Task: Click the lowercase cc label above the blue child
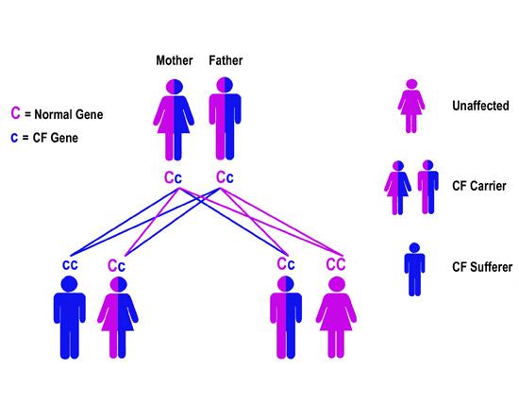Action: click(x=70, y=264)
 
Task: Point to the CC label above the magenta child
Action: click(x=336, y=264)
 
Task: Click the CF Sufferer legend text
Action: click(x=481, y=269)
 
